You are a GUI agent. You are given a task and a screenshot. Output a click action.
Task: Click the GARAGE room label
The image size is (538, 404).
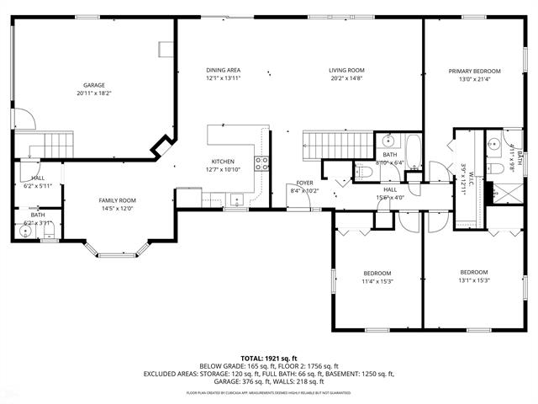(x=93, y=85)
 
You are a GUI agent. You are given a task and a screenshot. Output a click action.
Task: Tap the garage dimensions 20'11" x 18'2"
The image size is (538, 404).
(x=93, y=93)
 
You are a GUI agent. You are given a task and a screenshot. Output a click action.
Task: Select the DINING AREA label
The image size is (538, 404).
(x=223, y=70)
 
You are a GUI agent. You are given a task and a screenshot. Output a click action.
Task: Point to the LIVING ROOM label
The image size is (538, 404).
(x=345, y=70)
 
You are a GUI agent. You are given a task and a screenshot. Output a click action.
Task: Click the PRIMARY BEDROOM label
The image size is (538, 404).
(x=474, y=72)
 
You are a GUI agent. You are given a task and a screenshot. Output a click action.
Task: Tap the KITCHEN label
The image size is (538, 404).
(x=223, y=161)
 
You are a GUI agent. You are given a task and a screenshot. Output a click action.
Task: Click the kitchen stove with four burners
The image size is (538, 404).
(x=262, y=163)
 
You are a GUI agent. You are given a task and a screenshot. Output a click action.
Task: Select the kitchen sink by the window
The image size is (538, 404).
(x=238, y=199)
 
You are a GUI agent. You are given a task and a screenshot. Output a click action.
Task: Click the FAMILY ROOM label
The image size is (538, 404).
(x=117, y=199)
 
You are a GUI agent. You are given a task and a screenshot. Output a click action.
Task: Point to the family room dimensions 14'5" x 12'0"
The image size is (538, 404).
(x=117, y=209)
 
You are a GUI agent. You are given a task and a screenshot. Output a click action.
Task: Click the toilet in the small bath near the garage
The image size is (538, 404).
(x=26, y=205)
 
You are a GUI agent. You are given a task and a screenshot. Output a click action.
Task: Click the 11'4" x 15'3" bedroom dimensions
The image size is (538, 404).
(x=377, y=282)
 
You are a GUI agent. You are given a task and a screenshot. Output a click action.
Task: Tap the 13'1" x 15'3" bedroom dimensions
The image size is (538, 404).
(x=474, y=281)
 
